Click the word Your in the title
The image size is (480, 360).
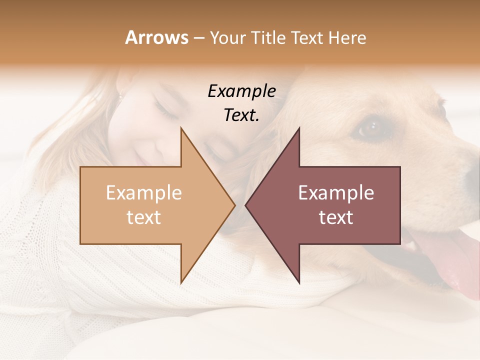pos(228,38)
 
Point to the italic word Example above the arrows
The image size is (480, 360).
pos(241,91)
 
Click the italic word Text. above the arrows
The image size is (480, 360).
pos(241,115)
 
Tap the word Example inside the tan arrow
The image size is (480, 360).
pos(143,193)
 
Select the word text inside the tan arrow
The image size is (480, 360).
pos(143,217)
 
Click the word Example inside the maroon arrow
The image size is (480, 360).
pos(336,193)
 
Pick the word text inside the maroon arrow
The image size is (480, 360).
pos(336,217)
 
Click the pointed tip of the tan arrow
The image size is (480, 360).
pos(235,205)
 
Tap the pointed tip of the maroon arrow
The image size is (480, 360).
pos(245,205)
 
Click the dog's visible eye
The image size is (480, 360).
pos(370,128)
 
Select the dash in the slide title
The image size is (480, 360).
pos(199,38)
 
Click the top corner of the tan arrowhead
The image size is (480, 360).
pos(181,128)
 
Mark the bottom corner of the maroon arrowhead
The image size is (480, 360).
pos(299,283)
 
